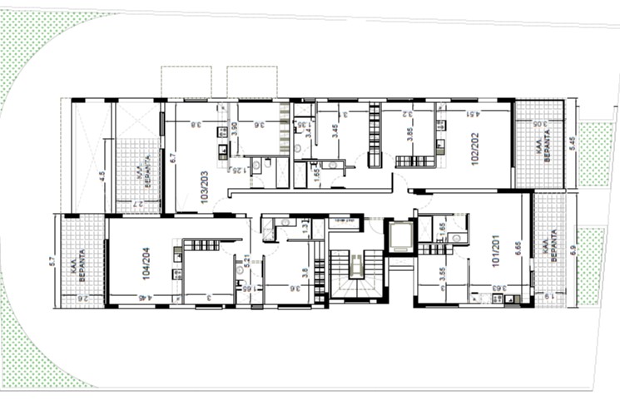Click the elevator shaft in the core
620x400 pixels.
pyautogui.click(x=400, y=236)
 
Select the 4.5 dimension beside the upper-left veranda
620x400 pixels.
pyautogui.click(x=102, y=175)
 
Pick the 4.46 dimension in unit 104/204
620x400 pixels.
pyautogui.click(x=146, y=298)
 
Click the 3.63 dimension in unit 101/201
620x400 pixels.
pyautogui.click(x=496, y=289)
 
